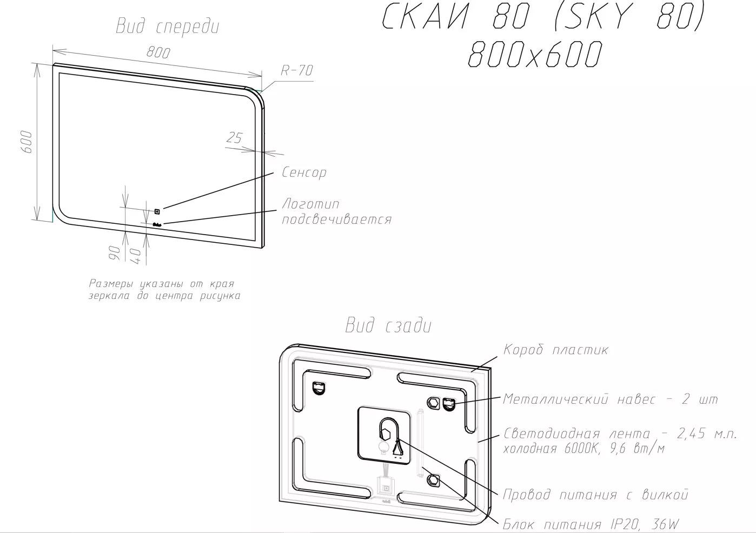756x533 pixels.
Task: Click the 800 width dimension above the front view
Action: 158,52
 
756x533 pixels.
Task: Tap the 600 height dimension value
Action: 27,142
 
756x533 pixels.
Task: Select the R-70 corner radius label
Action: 297,70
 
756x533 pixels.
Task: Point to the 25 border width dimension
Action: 235,138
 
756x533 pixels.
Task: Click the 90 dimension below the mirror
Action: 115,253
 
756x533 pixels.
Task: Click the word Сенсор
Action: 304,172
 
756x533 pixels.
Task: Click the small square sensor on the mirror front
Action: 157,211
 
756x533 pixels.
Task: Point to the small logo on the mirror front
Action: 157,224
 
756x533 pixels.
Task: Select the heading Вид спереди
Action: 168,26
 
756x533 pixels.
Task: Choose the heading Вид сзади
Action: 388,326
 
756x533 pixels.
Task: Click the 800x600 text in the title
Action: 535,54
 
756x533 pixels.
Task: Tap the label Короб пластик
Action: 555,350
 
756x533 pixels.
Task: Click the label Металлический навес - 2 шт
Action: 610,399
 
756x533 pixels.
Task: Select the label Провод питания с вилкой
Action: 595,495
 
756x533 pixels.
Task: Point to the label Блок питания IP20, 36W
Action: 591,524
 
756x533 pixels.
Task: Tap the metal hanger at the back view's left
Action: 319,388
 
